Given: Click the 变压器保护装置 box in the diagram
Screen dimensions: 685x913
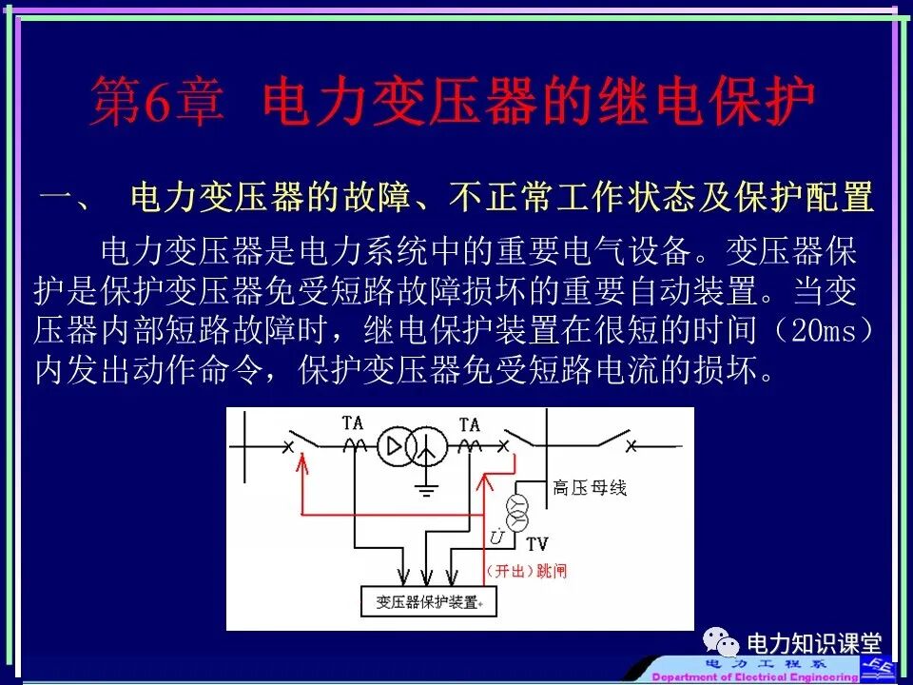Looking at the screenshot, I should coord(429,600).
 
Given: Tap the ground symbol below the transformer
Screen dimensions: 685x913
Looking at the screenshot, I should coord(427,489).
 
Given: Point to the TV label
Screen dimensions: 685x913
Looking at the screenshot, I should coord(537,544).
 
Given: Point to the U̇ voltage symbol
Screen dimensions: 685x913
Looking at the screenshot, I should coord(496,538).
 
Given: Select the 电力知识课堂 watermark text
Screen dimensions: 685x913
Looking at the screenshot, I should coord(814,644).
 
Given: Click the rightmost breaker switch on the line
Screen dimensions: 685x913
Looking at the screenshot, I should coord(613,442).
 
